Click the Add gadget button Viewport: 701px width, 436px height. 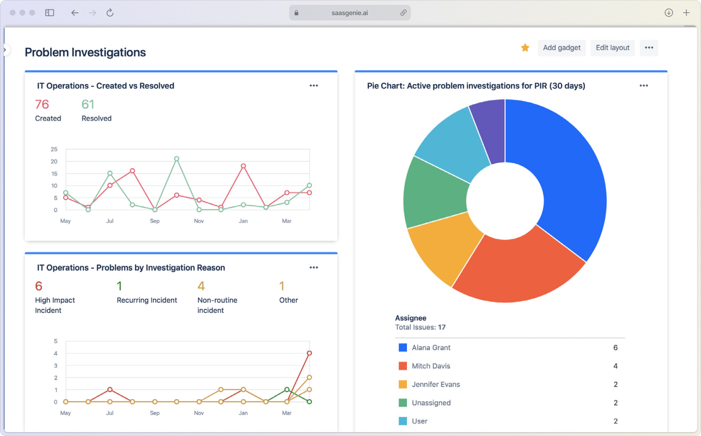(561, 48)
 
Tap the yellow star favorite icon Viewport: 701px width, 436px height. (525, 48)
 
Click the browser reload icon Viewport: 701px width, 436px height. (110, 13)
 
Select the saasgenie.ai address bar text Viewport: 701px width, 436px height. (350, 13)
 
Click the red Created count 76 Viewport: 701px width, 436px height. (42, 105)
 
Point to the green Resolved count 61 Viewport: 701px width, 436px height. (88, 105)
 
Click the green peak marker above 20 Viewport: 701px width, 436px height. (177, 159)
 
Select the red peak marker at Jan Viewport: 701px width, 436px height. (243, 166)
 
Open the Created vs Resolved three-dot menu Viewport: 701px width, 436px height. (314, 86)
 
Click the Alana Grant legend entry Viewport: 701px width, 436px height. (431, 347)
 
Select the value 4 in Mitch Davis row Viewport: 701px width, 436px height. (615, 366)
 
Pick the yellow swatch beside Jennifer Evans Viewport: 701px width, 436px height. (403, 384)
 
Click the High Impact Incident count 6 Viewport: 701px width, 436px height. (39, 286)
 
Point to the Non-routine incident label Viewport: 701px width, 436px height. (217, 305)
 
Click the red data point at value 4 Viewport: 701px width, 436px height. (309, 353)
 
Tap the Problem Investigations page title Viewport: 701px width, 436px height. (85, 53)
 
